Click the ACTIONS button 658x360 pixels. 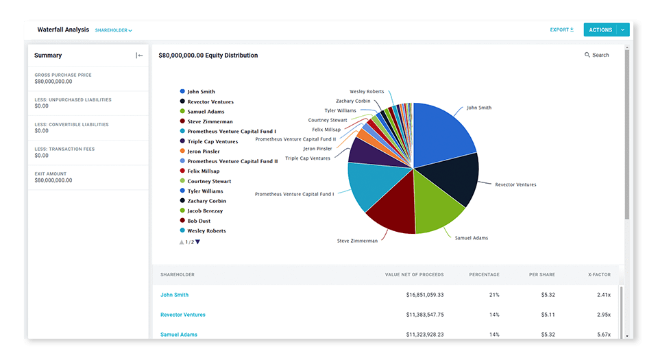600,30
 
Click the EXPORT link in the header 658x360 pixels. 561,30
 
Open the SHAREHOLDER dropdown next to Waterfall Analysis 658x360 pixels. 113,31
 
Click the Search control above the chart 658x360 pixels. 596,55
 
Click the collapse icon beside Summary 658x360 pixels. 139,56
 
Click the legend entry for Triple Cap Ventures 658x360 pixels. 212,141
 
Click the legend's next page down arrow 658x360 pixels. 197,242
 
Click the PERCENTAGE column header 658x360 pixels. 484,275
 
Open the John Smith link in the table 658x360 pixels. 174,295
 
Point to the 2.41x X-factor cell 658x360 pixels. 603,295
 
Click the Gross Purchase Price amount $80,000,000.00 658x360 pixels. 53,82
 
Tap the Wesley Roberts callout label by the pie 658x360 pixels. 367,91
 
